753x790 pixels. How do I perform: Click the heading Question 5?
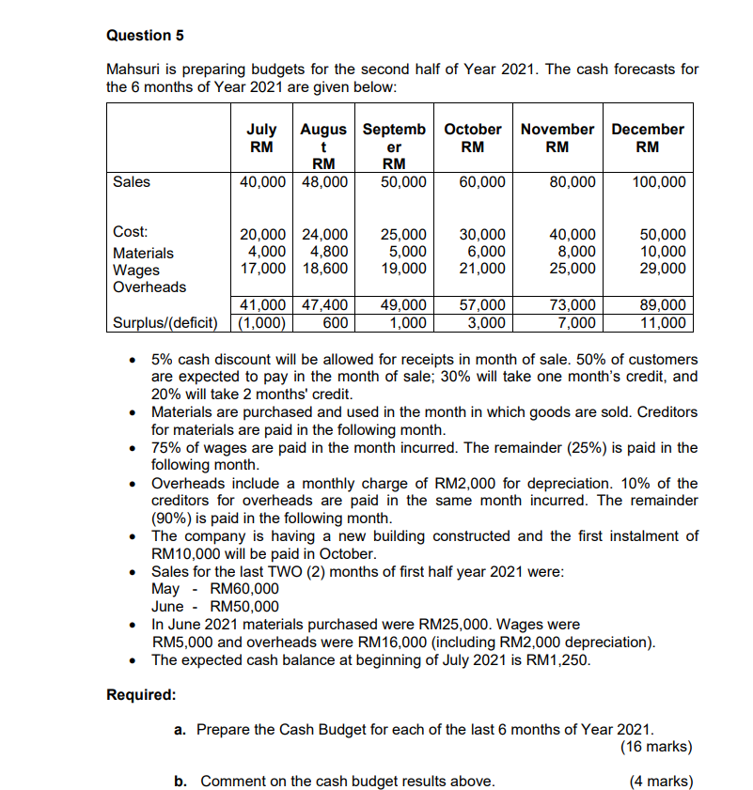145,36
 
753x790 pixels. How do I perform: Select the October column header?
472,138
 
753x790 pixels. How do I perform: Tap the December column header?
647,138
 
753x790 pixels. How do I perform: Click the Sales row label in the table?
131,181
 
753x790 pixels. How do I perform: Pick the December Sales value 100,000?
659,181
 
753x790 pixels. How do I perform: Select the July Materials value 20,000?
265,234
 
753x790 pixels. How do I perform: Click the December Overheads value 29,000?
662,268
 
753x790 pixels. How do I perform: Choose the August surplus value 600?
337,322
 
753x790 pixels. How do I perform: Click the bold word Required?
141,695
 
